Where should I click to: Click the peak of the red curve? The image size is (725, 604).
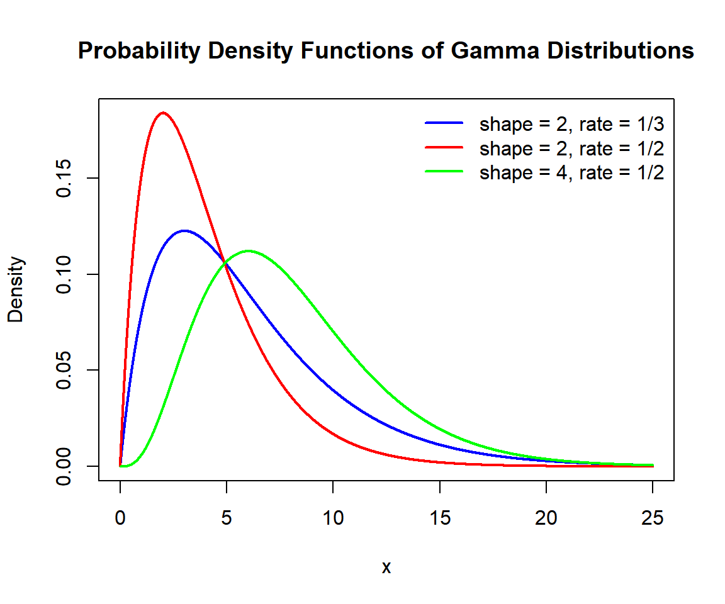click(163, 113)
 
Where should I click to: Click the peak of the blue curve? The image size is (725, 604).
click(184, 231)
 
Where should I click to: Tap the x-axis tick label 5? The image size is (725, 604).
click(227, 518)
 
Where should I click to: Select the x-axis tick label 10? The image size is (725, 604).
click(333, 518)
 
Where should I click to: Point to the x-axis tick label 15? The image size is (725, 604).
click(439, 518)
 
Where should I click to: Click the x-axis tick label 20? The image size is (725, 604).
click(546, 518)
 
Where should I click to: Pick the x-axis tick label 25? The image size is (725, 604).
click(653, 518)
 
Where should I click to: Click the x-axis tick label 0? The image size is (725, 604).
click(120, 518)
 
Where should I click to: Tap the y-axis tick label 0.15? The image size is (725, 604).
click(63, 179)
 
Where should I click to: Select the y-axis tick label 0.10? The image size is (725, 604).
click(63, 274)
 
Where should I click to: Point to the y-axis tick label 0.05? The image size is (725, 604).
click(63, 370)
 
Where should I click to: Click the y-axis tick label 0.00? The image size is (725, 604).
click(63, 466)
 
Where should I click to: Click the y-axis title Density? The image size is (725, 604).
click(16, 289)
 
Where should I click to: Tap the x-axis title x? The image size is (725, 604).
click(386, 568)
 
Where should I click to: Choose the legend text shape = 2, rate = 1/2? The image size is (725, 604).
click(571, 148)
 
